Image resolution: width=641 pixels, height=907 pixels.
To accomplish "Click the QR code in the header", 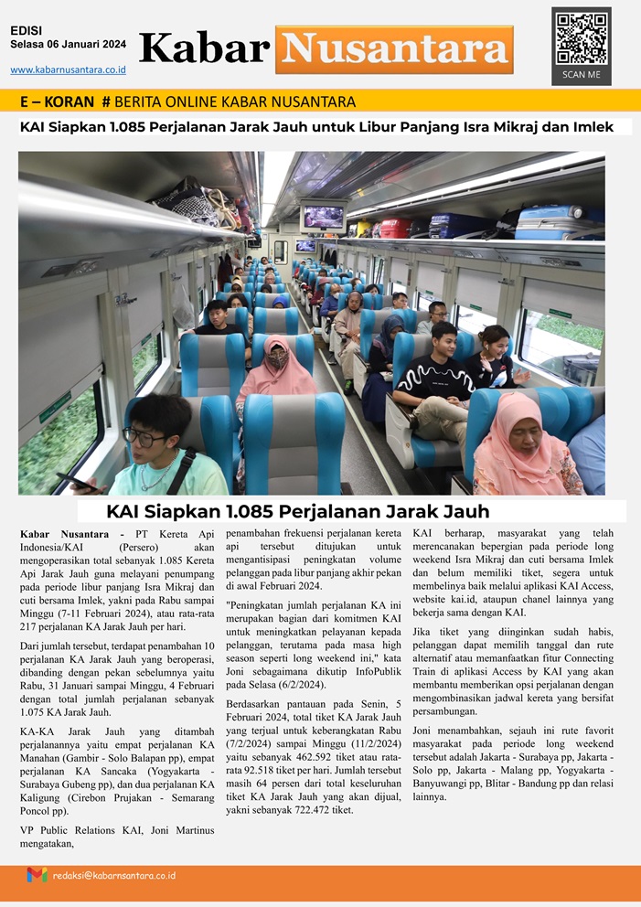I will [582, 37].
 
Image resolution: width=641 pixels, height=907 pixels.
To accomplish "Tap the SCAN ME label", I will [581, 75].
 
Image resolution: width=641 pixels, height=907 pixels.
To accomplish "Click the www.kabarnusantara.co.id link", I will [68, 69].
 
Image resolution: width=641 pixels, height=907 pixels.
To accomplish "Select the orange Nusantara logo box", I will [394, 49].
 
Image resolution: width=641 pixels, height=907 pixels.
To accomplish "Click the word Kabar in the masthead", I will [204, 48].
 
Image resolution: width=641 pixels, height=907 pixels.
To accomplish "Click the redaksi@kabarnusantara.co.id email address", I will [113, 875].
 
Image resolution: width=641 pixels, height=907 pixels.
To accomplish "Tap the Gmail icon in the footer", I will [37, 875].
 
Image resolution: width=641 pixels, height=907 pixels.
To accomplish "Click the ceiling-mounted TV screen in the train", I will [324, 217].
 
